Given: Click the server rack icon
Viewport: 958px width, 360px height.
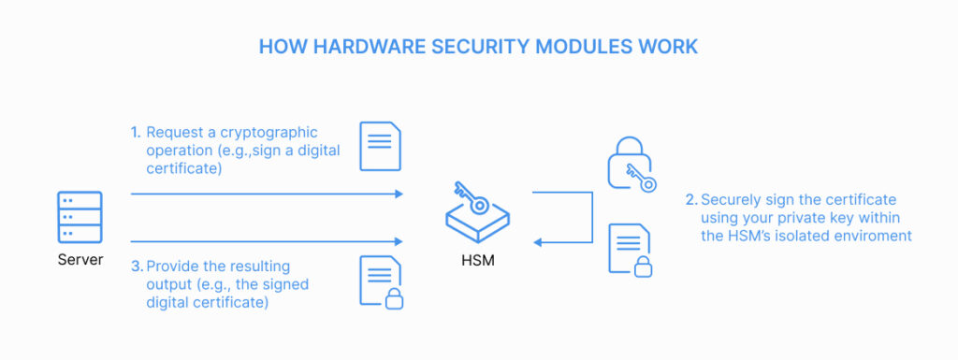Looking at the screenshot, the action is pyautogui.click(x=80, y=217).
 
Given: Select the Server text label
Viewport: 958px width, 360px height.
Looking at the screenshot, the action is pyautogui.click(x=80, y=260).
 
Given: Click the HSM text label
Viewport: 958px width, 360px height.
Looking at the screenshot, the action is pyautogui.click(x=478, y=261).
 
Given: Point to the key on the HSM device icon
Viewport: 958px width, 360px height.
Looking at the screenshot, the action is pyautogui.click(x=471, y=197).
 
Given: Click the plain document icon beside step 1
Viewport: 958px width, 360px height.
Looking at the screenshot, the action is pyautogui.click(x=380, y=147).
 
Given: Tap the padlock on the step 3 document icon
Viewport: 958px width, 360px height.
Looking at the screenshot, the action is pyautogui.click(x=394, y=298).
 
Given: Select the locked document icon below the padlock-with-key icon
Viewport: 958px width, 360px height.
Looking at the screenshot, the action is pyautogui.click(x=630, y=250).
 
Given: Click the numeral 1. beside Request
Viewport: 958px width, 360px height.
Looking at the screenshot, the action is pyautogui.click(x=135, y=133).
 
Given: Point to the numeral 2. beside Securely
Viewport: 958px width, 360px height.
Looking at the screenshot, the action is pyautogui.click(x=691, y=199).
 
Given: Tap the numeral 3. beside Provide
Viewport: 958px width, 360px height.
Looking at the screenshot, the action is pyautogui.click(x=137, y=266).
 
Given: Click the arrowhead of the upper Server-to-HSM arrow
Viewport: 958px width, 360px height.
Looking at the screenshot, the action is pyautogui.click(x=399, y=194).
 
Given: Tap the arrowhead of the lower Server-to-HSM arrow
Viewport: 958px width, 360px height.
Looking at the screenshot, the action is pyautogui.click(x=399, y=241).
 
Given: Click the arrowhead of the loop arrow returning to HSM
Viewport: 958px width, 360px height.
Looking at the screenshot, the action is pyautogui.click(x=538, y=242).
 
